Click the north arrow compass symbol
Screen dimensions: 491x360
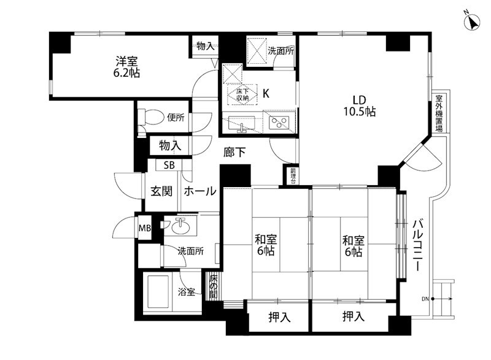click(472, 23)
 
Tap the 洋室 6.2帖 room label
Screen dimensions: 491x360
click(126, 67)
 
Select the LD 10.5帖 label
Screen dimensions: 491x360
click(360, 105)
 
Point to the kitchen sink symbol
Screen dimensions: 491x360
click(241, 123)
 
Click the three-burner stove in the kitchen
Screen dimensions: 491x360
click(280, 122)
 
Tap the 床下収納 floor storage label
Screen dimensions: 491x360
click(242, 94)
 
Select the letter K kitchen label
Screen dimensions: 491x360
click(266, 93)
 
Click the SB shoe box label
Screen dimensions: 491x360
click(169, 165)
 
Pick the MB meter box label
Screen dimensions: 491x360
click(145, 228)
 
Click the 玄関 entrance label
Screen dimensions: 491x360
click(161, 191)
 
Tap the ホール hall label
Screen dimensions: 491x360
click(200, 191)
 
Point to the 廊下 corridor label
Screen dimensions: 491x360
click(234, 152)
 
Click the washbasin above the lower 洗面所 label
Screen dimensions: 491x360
click(180, 226)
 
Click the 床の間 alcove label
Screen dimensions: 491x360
click(213, 286)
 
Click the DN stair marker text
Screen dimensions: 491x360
click(425, 299)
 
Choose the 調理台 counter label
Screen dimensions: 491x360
click(293, 176)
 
